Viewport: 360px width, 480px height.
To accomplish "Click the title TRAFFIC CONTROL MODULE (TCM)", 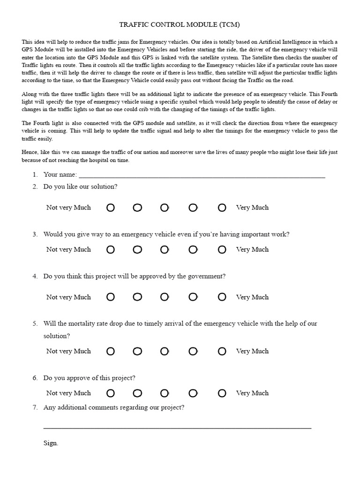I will pyautogui.click(x=180, y=24).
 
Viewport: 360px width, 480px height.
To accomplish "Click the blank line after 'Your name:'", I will pyautogui.click(x=202, y=176).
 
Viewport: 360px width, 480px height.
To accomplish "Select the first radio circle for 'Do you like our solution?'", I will pyautogui.click(x=110, y=208).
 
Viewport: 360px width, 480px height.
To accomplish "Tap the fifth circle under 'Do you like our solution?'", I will pyautogui.click(x=222, y=208).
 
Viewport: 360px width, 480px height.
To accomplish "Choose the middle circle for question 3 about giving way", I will pyautogui.click(x=165, y=250).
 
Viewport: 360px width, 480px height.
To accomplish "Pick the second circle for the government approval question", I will pyautogui.click(x=137, y=297).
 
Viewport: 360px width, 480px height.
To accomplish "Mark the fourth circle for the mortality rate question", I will pyautogui.click(x=193, y=351).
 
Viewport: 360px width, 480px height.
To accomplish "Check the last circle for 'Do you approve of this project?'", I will pyautogui.click(x=222, y=393).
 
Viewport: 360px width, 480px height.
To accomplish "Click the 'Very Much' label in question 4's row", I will pyautogui.click(x=252, y=297).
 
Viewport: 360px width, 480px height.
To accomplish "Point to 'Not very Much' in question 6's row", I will pyautogui.click(x=68, y=393).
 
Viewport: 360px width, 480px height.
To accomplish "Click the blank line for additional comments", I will pyautogui.click(x=177, y=426).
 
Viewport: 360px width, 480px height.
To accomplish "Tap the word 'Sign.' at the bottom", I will pyautogui.click(x=51, y=443).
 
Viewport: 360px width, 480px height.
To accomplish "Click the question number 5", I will pyautogui.click(x=35, y=323).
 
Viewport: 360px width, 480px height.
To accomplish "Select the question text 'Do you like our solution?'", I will pyautogui.click(x=80, y=187).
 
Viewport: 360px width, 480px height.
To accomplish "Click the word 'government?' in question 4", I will pyautogui.click(x=208, y=276).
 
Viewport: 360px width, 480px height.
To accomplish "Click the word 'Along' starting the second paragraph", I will pyautogui.click(x=30, y=94).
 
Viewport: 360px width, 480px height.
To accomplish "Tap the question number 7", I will pyautogui.click(x=35, y=407).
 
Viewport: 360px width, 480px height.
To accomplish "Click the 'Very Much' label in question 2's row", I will pyautogui.click(x=252, y=208).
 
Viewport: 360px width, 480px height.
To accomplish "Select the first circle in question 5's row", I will pyautogui.click(x=110, y=351).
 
